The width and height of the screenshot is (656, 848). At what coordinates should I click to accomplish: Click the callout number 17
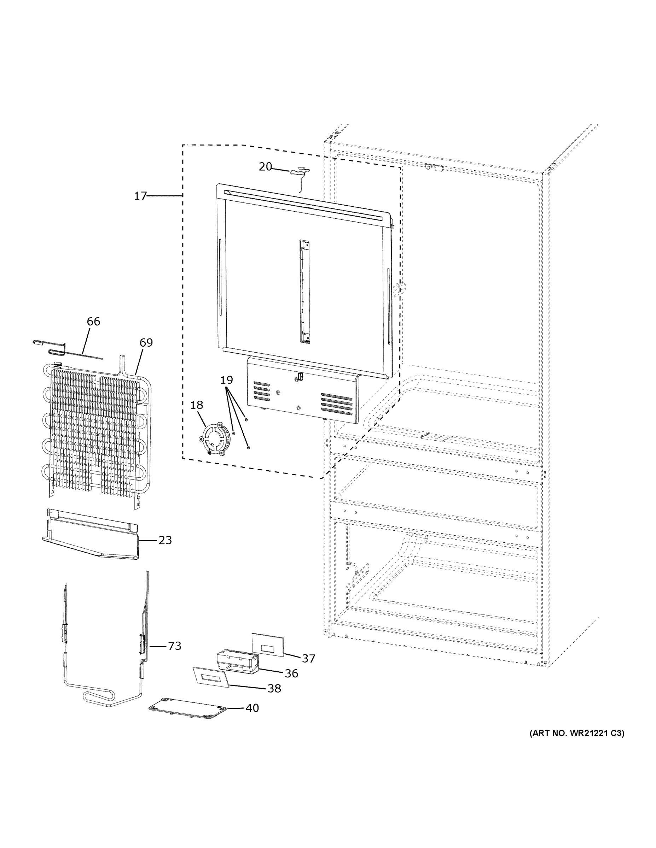[x=140, y=196]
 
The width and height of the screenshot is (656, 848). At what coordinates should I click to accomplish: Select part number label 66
[x=93, y=322]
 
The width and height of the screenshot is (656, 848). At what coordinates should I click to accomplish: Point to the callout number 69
[x=146, y=342]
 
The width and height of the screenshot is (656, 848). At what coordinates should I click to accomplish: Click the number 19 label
[x=226, y=380]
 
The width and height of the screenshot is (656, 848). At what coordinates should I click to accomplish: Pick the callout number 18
[x=196, y=405]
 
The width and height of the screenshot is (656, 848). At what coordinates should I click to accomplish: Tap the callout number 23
[x=165, y=540]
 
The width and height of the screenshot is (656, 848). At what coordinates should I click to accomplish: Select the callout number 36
[x=291, y=673]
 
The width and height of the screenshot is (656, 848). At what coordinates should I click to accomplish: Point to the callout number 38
[x=274, y=688]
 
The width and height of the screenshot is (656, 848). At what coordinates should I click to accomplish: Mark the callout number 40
[x=252, y=708]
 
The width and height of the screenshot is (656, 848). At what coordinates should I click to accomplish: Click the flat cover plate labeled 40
[x=187, y=709]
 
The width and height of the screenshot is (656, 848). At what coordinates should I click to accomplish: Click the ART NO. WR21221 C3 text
[x=577, y=733]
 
